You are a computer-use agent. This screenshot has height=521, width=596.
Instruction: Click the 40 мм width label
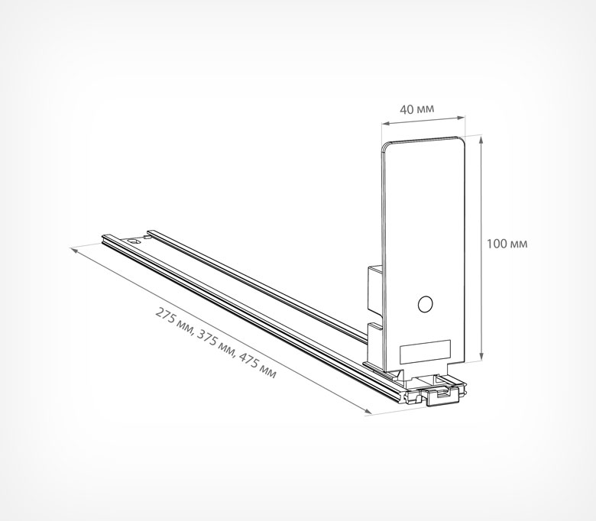pos(416,109)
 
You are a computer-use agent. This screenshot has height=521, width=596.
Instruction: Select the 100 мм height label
pos(507,244)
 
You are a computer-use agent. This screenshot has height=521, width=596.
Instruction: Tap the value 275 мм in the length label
pos(175,319)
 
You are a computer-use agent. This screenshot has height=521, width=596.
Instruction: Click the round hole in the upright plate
pos(425,304)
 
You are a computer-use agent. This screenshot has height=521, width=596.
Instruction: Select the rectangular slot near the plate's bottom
pos(425,352)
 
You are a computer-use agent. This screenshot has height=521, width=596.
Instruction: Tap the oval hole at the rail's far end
pos(134,241)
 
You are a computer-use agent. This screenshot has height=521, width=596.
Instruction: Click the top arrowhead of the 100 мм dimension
pos(481,140)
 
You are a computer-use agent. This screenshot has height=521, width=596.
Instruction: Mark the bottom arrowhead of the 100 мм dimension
pos(481,356)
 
